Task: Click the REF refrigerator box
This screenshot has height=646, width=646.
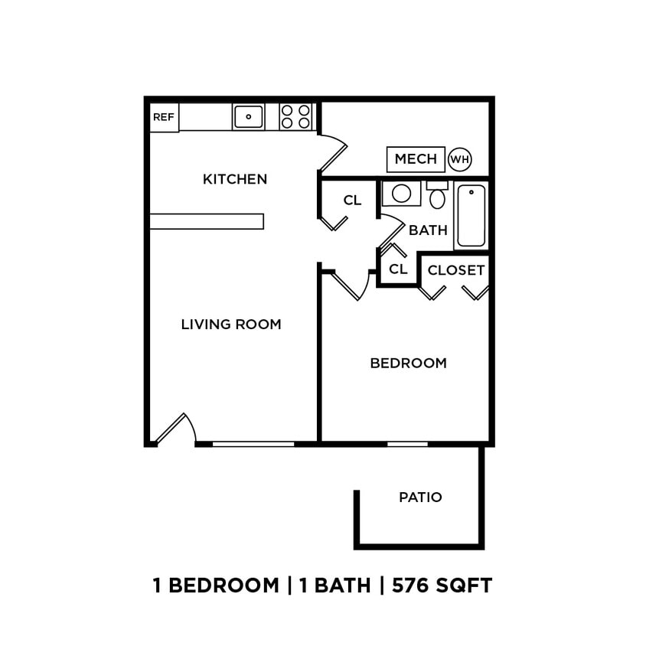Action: [x=164, y=117]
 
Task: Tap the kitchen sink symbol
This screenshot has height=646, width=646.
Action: [x=248, y=116]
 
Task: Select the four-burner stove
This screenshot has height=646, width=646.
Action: [x=296, y=116]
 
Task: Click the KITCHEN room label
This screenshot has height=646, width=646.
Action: [x=235, y=179]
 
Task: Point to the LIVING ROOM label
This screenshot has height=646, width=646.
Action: [x=231, y=325]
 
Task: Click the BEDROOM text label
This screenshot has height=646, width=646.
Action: [x=408, y=364]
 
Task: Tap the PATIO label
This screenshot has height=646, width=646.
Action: [x=420, y=498]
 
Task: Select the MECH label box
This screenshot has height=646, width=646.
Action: [x=416, y=159]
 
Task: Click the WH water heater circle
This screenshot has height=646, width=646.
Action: [x=459, y=159]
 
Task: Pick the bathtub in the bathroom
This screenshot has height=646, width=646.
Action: [x=471, y=215]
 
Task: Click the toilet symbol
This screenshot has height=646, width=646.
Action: [x=437, y=197]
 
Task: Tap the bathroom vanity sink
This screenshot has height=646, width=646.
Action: [x=401, y=193]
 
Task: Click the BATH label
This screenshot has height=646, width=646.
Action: [x=428, y=230]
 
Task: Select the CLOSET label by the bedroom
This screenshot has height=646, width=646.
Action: [x=455, y=270]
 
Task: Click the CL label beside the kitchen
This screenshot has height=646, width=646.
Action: [x=352, y=201]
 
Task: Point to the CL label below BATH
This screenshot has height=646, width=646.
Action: [x=398, y=269]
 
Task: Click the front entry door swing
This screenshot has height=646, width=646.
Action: [x=178, y=429]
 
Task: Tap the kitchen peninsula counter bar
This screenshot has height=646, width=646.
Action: [x=207, y=221]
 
